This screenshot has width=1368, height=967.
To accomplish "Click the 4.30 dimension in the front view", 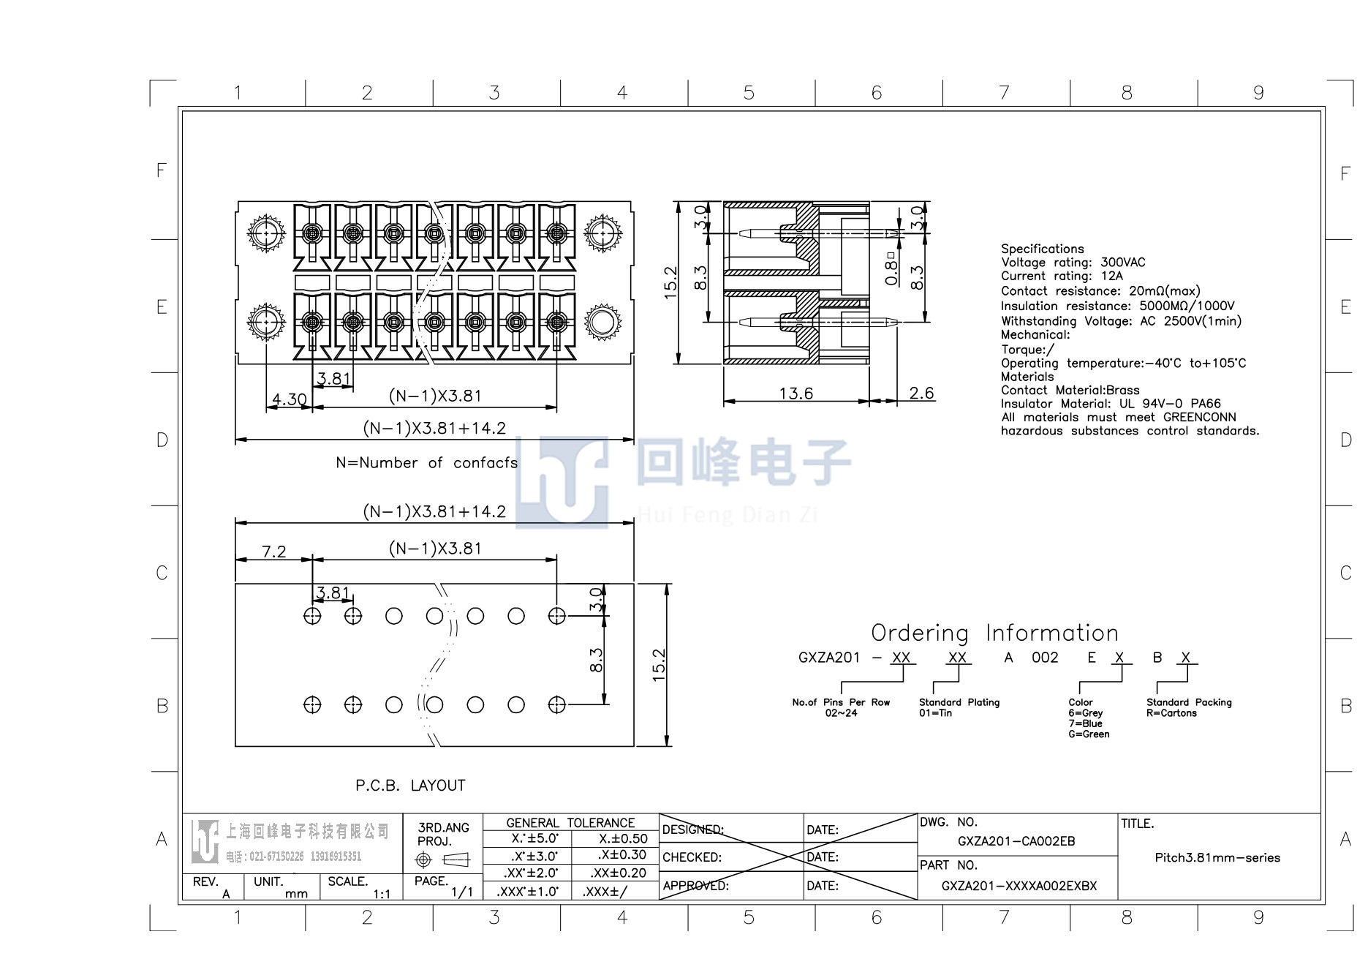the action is pyautogui.click(x=289, y=399).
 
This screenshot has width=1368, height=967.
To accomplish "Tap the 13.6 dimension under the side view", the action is pyautogui.click(x=796, y=394).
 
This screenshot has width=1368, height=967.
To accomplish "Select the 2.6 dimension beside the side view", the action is pyautogui.click(x=921, y=394).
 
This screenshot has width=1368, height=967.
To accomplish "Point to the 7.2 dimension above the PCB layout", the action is pyautogui.click(x=273, y=552).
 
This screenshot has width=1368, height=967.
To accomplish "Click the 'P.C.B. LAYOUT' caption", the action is pyautogui.click(x=410, y=786).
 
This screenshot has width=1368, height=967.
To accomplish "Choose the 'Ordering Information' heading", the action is pyautogui.click(x=994, y=633).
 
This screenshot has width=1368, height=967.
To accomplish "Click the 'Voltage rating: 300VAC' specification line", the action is pyautogui.click(x=1073, y=262).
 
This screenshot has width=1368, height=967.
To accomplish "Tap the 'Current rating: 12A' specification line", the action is pyautogui.click(x=1062, y=276).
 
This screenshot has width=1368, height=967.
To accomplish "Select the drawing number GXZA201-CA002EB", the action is pyautogui.click(x=1016, y=841).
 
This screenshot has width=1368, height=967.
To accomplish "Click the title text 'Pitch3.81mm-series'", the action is pyautogui.click(x=1217, y=857).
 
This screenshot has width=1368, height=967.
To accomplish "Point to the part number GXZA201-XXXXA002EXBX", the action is pyautogui.click(x=1019, y=886).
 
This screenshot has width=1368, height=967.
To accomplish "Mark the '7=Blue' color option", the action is pyautogui.click(x=1085, y=723).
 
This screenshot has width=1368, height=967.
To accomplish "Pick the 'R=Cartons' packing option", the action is pyautogui.click(x=1171, y=713).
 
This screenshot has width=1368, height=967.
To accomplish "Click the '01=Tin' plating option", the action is pyautogui.click(x=936, y=713).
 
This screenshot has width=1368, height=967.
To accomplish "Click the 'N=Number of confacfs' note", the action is pyautogui.click(x=427, y=463).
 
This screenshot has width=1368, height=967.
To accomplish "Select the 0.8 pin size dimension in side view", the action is pyautogui.click(x=891, y=269).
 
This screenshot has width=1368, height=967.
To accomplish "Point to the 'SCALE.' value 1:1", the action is pyautogui.click(x=382, y=894).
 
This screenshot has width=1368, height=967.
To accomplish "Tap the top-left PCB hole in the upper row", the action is pyautogui.click(x=312, y=616).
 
